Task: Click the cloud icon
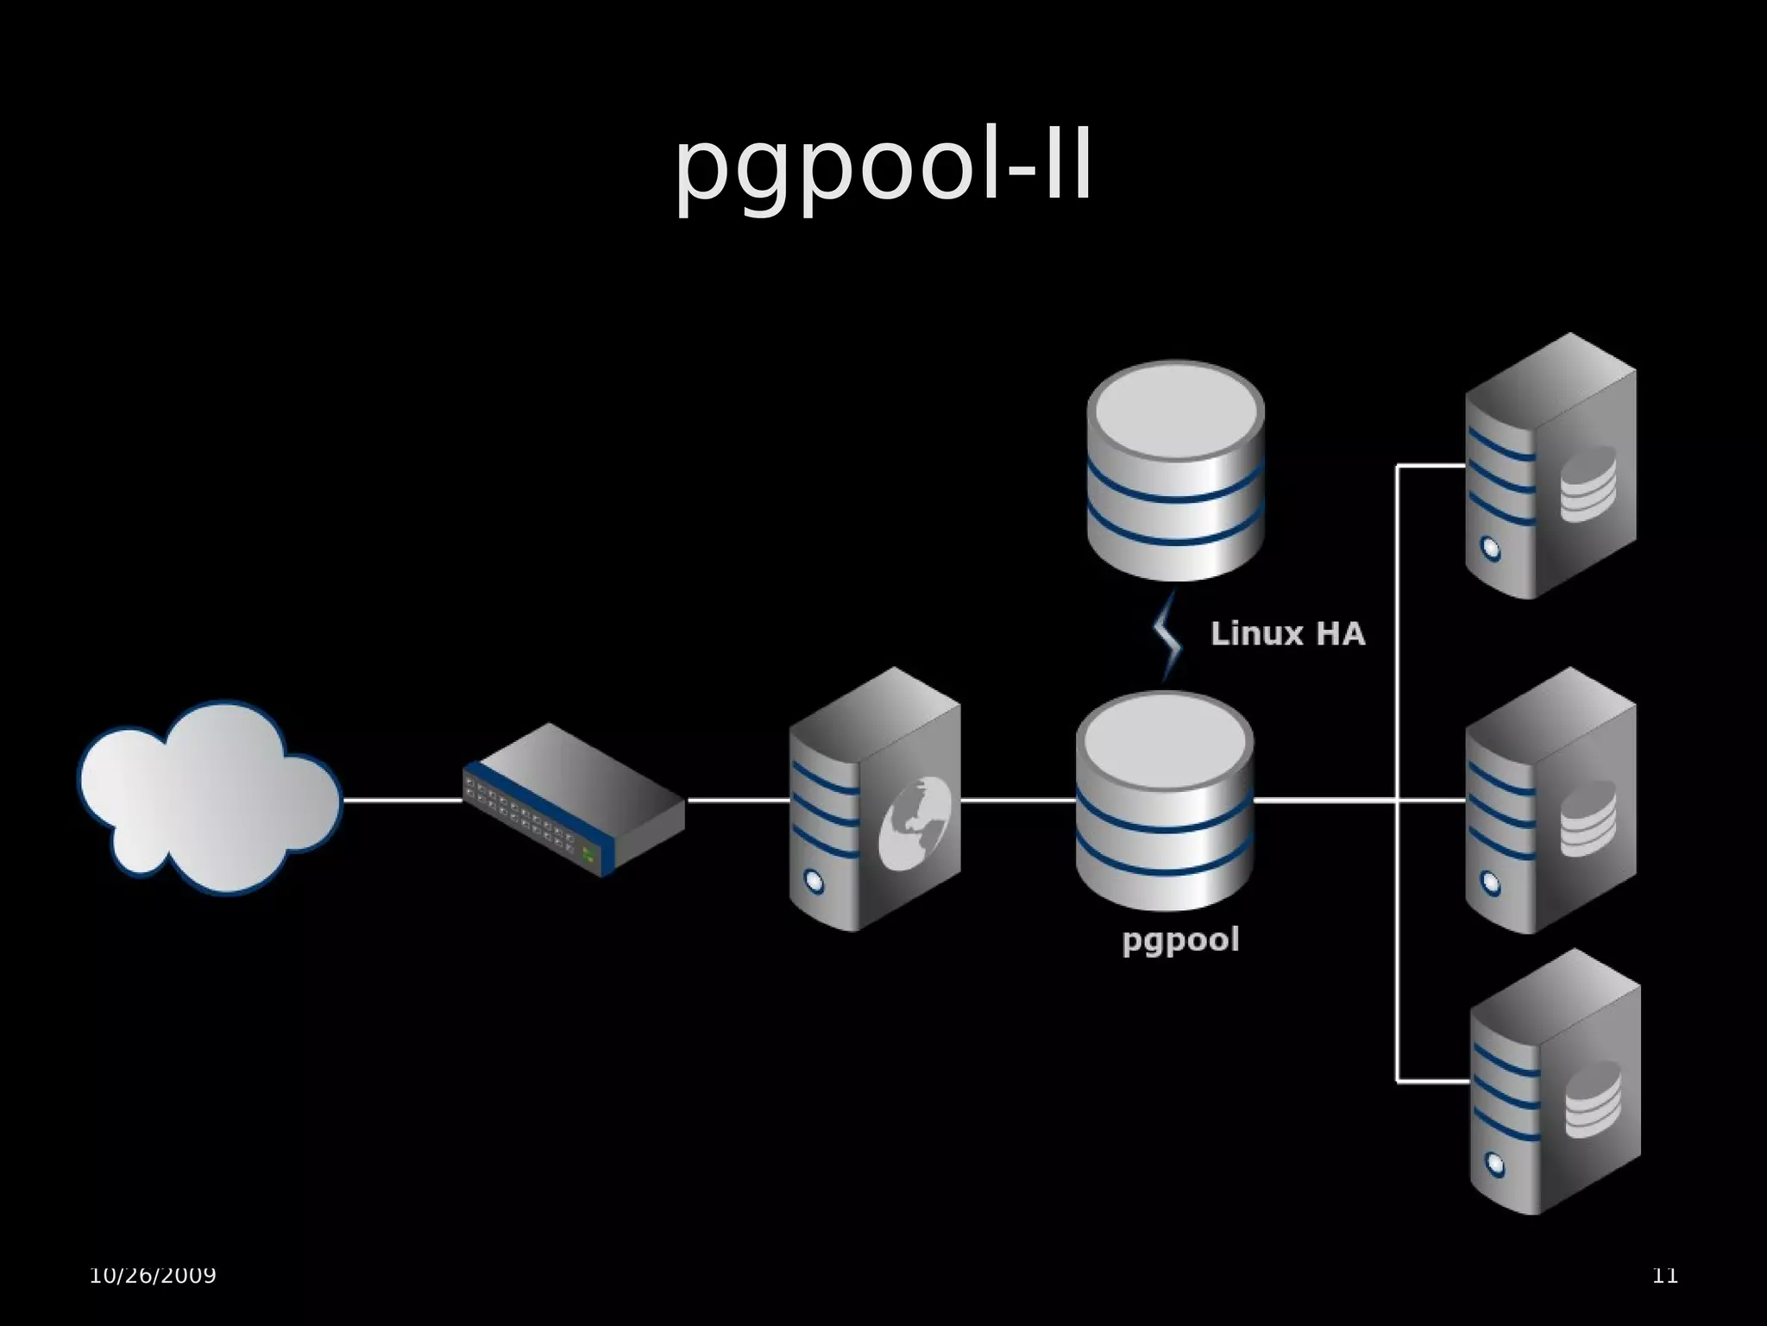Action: [210, 795]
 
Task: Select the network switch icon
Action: [574, 799]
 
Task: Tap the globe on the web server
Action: [915, 821]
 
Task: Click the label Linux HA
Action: [1287, 634]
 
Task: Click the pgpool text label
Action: [1180, 940]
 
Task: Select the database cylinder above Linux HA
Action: [1175, 470]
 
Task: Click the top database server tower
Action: [1550, 466]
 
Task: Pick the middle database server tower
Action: [1550, 801]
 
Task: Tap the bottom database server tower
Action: [1554, 1082]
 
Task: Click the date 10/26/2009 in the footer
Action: [153, 1274]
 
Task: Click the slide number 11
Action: [1664, 1274]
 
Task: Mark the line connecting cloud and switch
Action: [403, 801]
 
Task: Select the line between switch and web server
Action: [738, 801]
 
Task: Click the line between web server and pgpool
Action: [1018, 801]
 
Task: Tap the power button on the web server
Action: [814, 881]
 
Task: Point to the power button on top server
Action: [1490, 548]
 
